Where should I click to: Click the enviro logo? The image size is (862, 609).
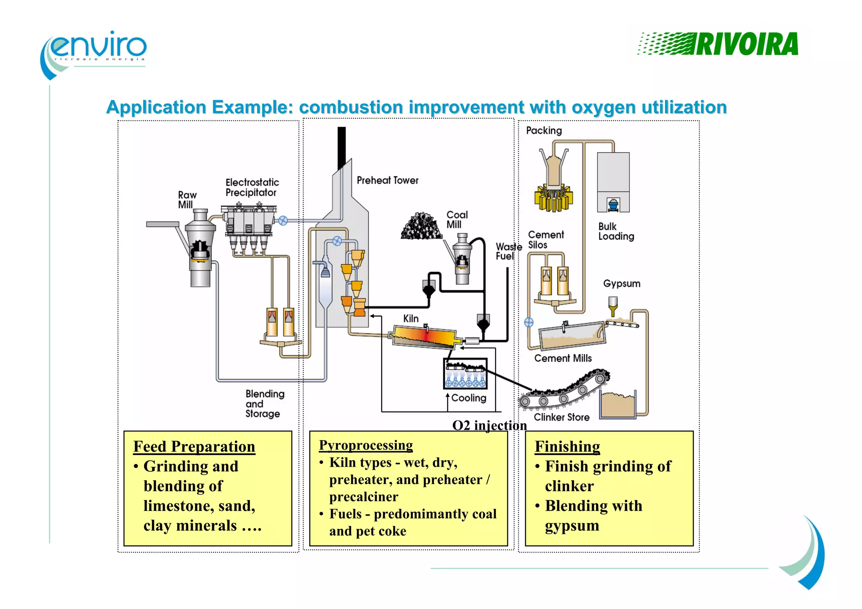(95, 53)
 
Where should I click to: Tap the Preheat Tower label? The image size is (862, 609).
(387, 181)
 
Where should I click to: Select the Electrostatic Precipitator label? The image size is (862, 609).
(252, 188)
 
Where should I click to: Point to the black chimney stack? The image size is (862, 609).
(341, 147)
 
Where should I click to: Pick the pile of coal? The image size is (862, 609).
(421, 226)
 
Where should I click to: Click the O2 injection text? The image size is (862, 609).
(489, 426)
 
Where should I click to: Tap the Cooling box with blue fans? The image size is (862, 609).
(466, 374)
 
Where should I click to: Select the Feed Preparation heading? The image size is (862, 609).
(194, 447)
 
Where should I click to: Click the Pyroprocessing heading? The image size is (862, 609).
(365, 445)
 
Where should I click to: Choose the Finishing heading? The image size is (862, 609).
(567, 447)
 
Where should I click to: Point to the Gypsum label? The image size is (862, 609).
(622, 284)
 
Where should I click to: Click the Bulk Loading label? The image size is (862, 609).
(616, 231)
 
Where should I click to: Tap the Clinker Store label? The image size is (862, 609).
(561, 417)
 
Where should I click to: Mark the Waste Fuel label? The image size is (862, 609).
(508, 251)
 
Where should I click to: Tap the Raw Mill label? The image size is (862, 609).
(186, 200)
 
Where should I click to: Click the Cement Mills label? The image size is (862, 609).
(563, 358)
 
